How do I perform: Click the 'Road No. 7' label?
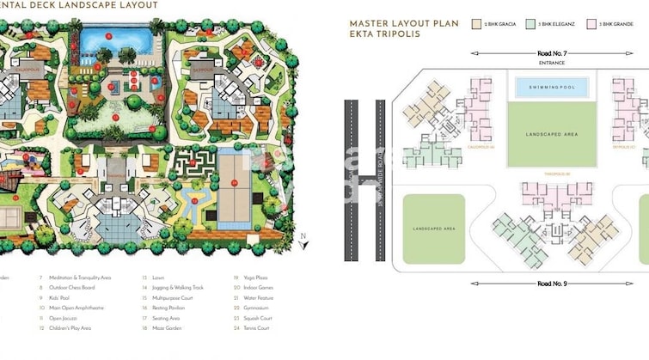tap(550, 53)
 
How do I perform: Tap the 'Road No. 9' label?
tap(550, 283)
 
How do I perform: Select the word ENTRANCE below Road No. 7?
tap(550, 63)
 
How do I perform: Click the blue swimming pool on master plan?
tap(551, 88)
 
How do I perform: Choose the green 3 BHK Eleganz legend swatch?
tap(531, 24)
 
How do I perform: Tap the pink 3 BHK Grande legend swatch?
tap(591, 24)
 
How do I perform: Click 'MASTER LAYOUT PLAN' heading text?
tap(403, 23)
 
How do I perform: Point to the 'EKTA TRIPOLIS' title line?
tap(383, 35)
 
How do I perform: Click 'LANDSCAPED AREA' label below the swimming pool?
tap(550, 135)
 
